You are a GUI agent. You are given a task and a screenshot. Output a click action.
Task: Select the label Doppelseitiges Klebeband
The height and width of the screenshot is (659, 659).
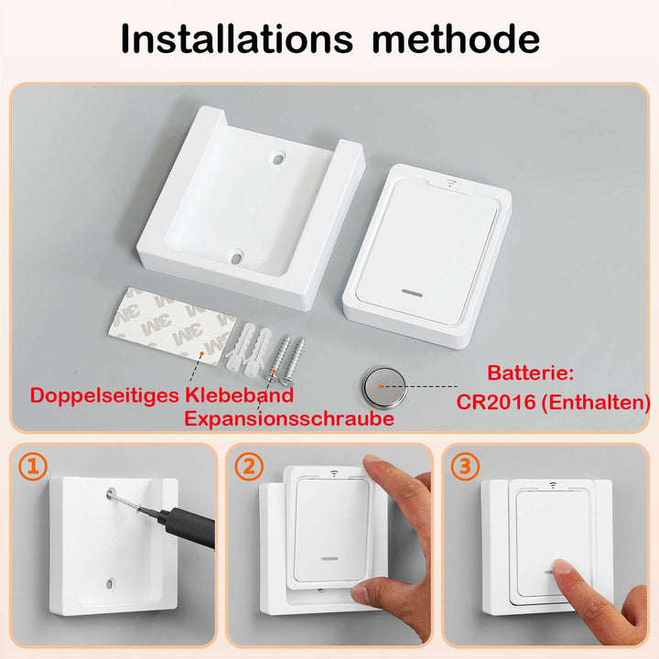(162, 395)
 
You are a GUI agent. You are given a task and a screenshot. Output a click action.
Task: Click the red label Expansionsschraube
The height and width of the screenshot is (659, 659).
(289, 418)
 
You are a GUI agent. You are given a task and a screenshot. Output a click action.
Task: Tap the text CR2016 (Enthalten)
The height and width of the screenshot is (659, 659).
(553, 401)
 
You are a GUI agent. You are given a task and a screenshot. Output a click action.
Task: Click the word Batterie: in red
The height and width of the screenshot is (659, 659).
(530, 373)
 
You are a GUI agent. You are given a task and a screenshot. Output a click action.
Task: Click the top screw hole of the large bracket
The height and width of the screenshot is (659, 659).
(274, 158)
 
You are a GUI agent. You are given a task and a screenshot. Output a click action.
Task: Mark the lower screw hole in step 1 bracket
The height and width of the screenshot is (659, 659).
(110, 582)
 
